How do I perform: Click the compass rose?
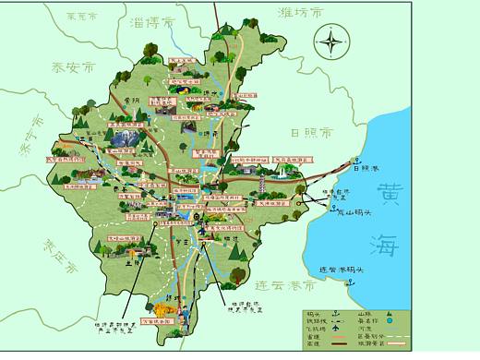click(330, 41)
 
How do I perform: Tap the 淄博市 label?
click(154, 22)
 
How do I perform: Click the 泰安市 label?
click(74, 67)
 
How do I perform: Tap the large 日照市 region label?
click(310, 131)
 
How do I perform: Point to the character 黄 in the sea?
click(388, 193)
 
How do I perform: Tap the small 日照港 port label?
click(366, 167)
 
